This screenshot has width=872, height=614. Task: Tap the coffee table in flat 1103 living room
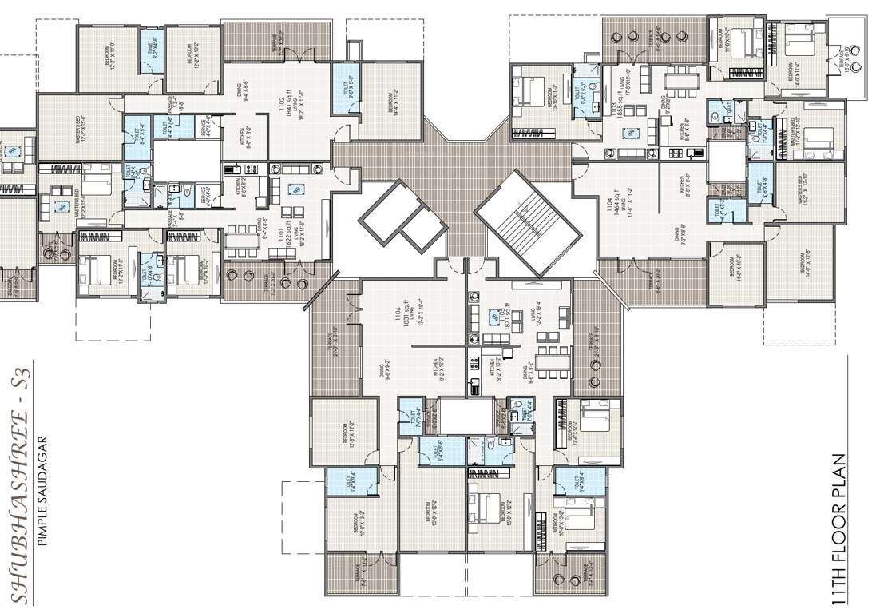[631, 133]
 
